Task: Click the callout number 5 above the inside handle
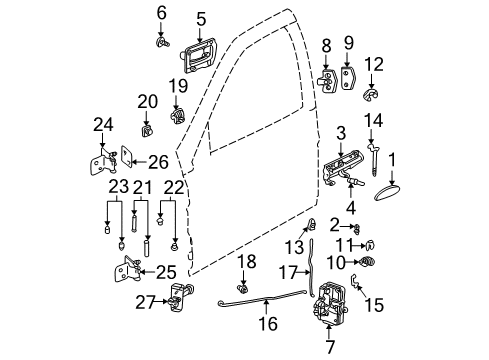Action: (200, 17)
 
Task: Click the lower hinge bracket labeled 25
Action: (131, 271)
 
